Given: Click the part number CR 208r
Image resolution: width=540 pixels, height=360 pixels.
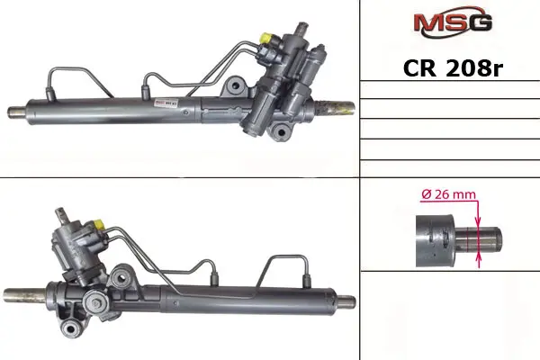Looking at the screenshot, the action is pyautogui.click(x=453, y=68).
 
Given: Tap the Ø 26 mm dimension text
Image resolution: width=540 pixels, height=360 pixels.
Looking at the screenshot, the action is pyautogui.click(x=448, y=194).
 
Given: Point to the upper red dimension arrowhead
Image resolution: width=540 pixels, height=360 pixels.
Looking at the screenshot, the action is pyautogui.click(x=478, y=220).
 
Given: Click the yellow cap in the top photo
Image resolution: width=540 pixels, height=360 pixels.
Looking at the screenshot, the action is pyautogui.click(x=267, y=37).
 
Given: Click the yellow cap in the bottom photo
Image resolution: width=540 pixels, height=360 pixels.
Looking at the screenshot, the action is pyautogui.click(x=99, y=224).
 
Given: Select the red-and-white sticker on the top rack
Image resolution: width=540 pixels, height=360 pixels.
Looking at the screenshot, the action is pyautogui.click(x=166, y=103).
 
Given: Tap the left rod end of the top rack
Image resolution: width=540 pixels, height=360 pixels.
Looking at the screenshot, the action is pyautogui.click(x=16, y=112).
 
